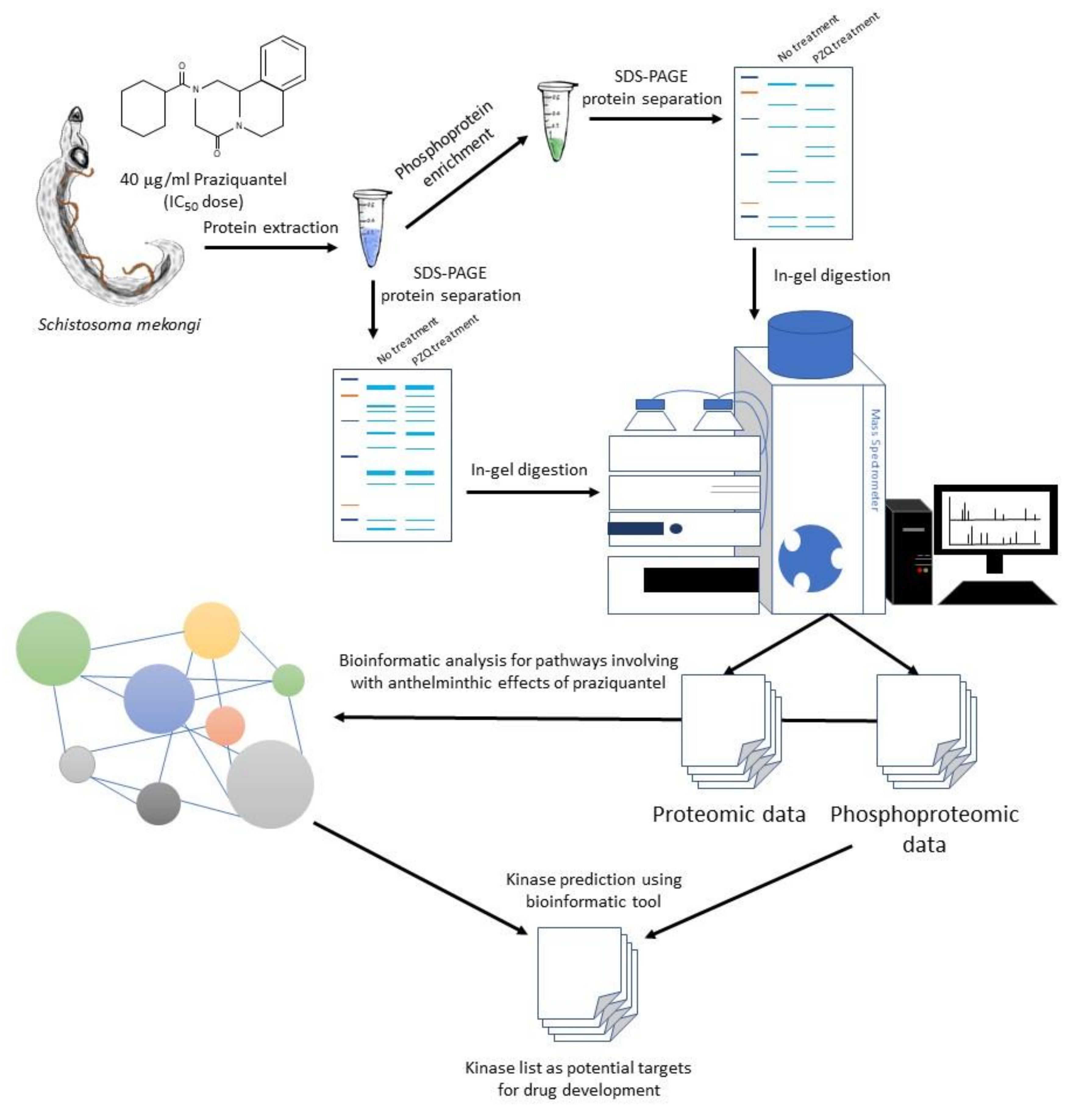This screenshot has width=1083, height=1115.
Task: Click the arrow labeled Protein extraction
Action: (x=270, y=248)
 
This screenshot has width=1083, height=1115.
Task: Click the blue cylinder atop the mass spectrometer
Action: (x=810, y=344)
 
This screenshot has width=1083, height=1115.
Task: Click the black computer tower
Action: (x=908, y=552)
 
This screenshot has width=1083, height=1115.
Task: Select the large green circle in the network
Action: (x=53, y=649)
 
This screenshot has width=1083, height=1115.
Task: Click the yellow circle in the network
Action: (x=212, y=630)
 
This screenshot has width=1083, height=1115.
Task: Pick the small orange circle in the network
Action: (x=225, y=726)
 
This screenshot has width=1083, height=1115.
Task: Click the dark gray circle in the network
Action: (x=159, y=803)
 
